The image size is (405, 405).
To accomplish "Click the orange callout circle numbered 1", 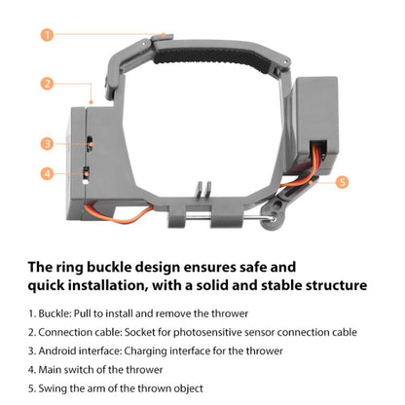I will [47, 35].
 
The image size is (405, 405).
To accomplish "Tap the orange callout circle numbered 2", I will [47, 83].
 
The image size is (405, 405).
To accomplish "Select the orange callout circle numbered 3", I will [47, 143].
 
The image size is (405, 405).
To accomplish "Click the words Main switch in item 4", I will [76, 369].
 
